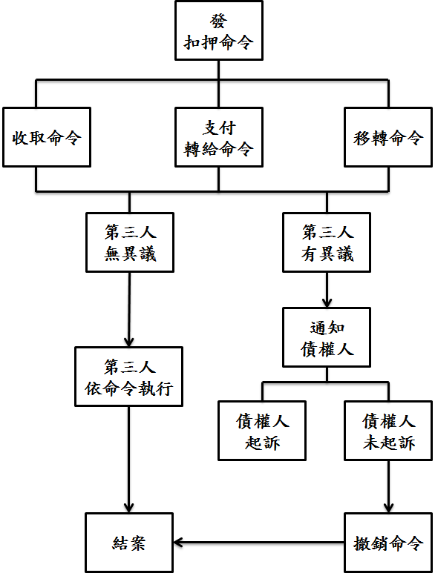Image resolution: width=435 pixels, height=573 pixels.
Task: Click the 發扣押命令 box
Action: (x=219, y=30)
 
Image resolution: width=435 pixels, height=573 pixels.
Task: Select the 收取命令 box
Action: (x=47, y=137)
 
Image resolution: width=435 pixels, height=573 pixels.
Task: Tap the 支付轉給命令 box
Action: (x=219, y=137)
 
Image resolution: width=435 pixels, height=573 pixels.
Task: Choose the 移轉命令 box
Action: (x=388, y=137)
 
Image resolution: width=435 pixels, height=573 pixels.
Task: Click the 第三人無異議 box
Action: (x=130, y=242)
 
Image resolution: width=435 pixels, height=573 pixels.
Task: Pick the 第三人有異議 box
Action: (x=327, y=242)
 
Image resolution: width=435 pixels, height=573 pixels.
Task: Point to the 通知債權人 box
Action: (x=327, y=337)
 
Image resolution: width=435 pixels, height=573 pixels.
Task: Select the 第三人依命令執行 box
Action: (x=128, y=377)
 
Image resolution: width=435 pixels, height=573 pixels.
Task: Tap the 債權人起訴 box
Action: (x=262, y=431)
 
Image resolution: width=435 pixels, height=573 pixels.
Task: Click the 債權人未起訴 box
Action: (x=388, y=431)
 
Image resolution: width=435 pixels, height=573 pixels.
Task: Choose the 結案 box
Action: (x=128, y=543)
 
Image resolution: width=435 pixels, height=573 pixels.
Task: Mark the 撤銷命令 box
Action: (x=388, y=543)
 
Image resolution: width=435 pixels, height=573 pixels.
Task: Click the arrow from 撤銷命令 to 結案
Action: (x=258, y=543)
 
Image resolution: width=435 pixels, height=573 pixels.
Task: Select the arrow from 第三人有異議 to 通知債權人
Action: (x=327, y=290)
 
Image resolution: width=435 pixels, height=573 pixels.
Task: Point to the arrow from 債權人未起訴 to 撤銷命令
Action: (x=388, y=487)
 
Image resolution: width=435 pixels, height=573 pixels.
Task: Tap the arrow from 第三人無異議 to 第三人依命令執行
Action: (x=129, y=310)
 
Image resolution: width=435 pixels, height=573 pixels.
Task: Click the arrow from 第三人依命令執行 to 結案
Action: (x=128, y=460)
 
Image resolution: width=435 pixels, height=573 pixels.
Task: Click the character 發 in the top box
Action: (x=219, y=21)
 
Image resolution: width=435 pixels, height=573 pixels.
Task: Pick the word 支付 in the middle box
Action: (x=219, y=127)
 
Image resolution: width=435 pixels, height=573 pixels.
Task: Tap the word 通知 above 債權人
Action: (x=327, y=328)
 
